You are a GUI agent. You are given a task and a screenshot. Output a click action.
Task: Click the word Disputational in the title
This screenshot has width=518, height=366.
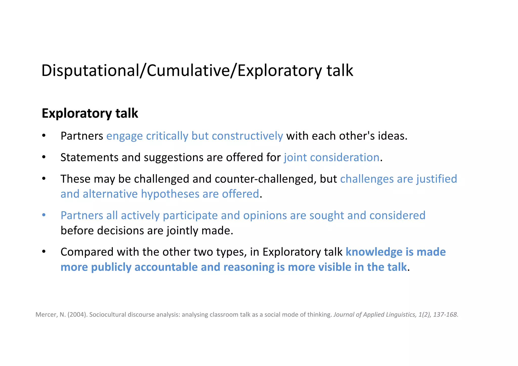90,71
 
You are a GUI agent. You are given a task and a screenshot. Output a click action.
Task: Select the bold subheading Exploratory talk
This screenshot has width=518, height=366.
90,113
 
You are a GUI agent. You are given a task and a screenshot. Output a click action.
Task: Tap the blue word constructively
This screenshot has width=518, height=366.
247,136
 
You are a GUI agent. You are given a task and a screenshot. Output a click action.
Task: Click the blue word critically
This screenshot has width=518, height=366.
167,136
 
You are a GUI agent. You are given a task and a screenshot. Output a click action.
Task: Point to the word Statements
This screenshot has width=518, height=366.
89,158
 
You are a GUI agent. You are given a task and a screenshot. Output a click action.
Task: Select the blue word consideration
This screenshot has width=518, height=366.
344,158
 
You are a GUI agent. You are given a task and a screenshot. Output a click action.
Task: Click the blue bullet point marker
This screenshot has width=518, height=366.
44,215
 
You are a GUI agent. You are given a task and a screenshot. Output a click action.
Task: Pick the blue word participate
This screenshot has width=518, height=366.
190,216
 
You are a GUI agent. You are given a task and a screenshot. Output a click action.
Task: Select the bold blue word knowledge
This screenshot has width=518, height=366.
374,252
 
